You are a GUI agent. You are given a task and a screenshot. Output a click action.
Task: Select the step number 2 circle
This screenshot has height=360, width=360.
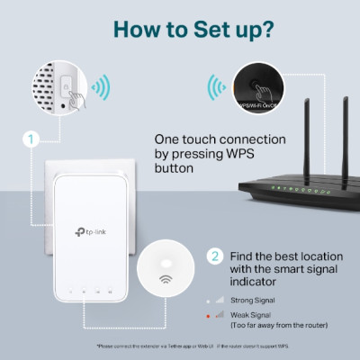coord(216,256)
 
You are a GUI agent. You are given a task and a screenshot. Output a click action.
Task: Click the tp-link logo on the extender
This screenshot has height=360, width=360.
coord(89,233)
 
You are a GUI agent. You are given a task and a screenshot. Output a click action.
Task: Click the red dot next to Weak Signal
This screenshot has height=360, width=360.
coord(218,315)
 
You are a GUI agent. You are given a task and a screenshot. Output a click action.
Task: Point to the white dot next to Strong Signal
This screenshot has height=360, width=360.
coord(218,298)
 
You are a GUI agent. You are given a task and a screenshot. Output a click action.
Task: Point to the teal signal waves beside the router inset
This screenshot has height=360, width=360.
coord(216,88)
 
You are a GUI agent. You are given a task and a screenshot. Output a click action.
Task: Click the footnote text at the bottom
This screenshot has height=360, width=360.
coord(180,346)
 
